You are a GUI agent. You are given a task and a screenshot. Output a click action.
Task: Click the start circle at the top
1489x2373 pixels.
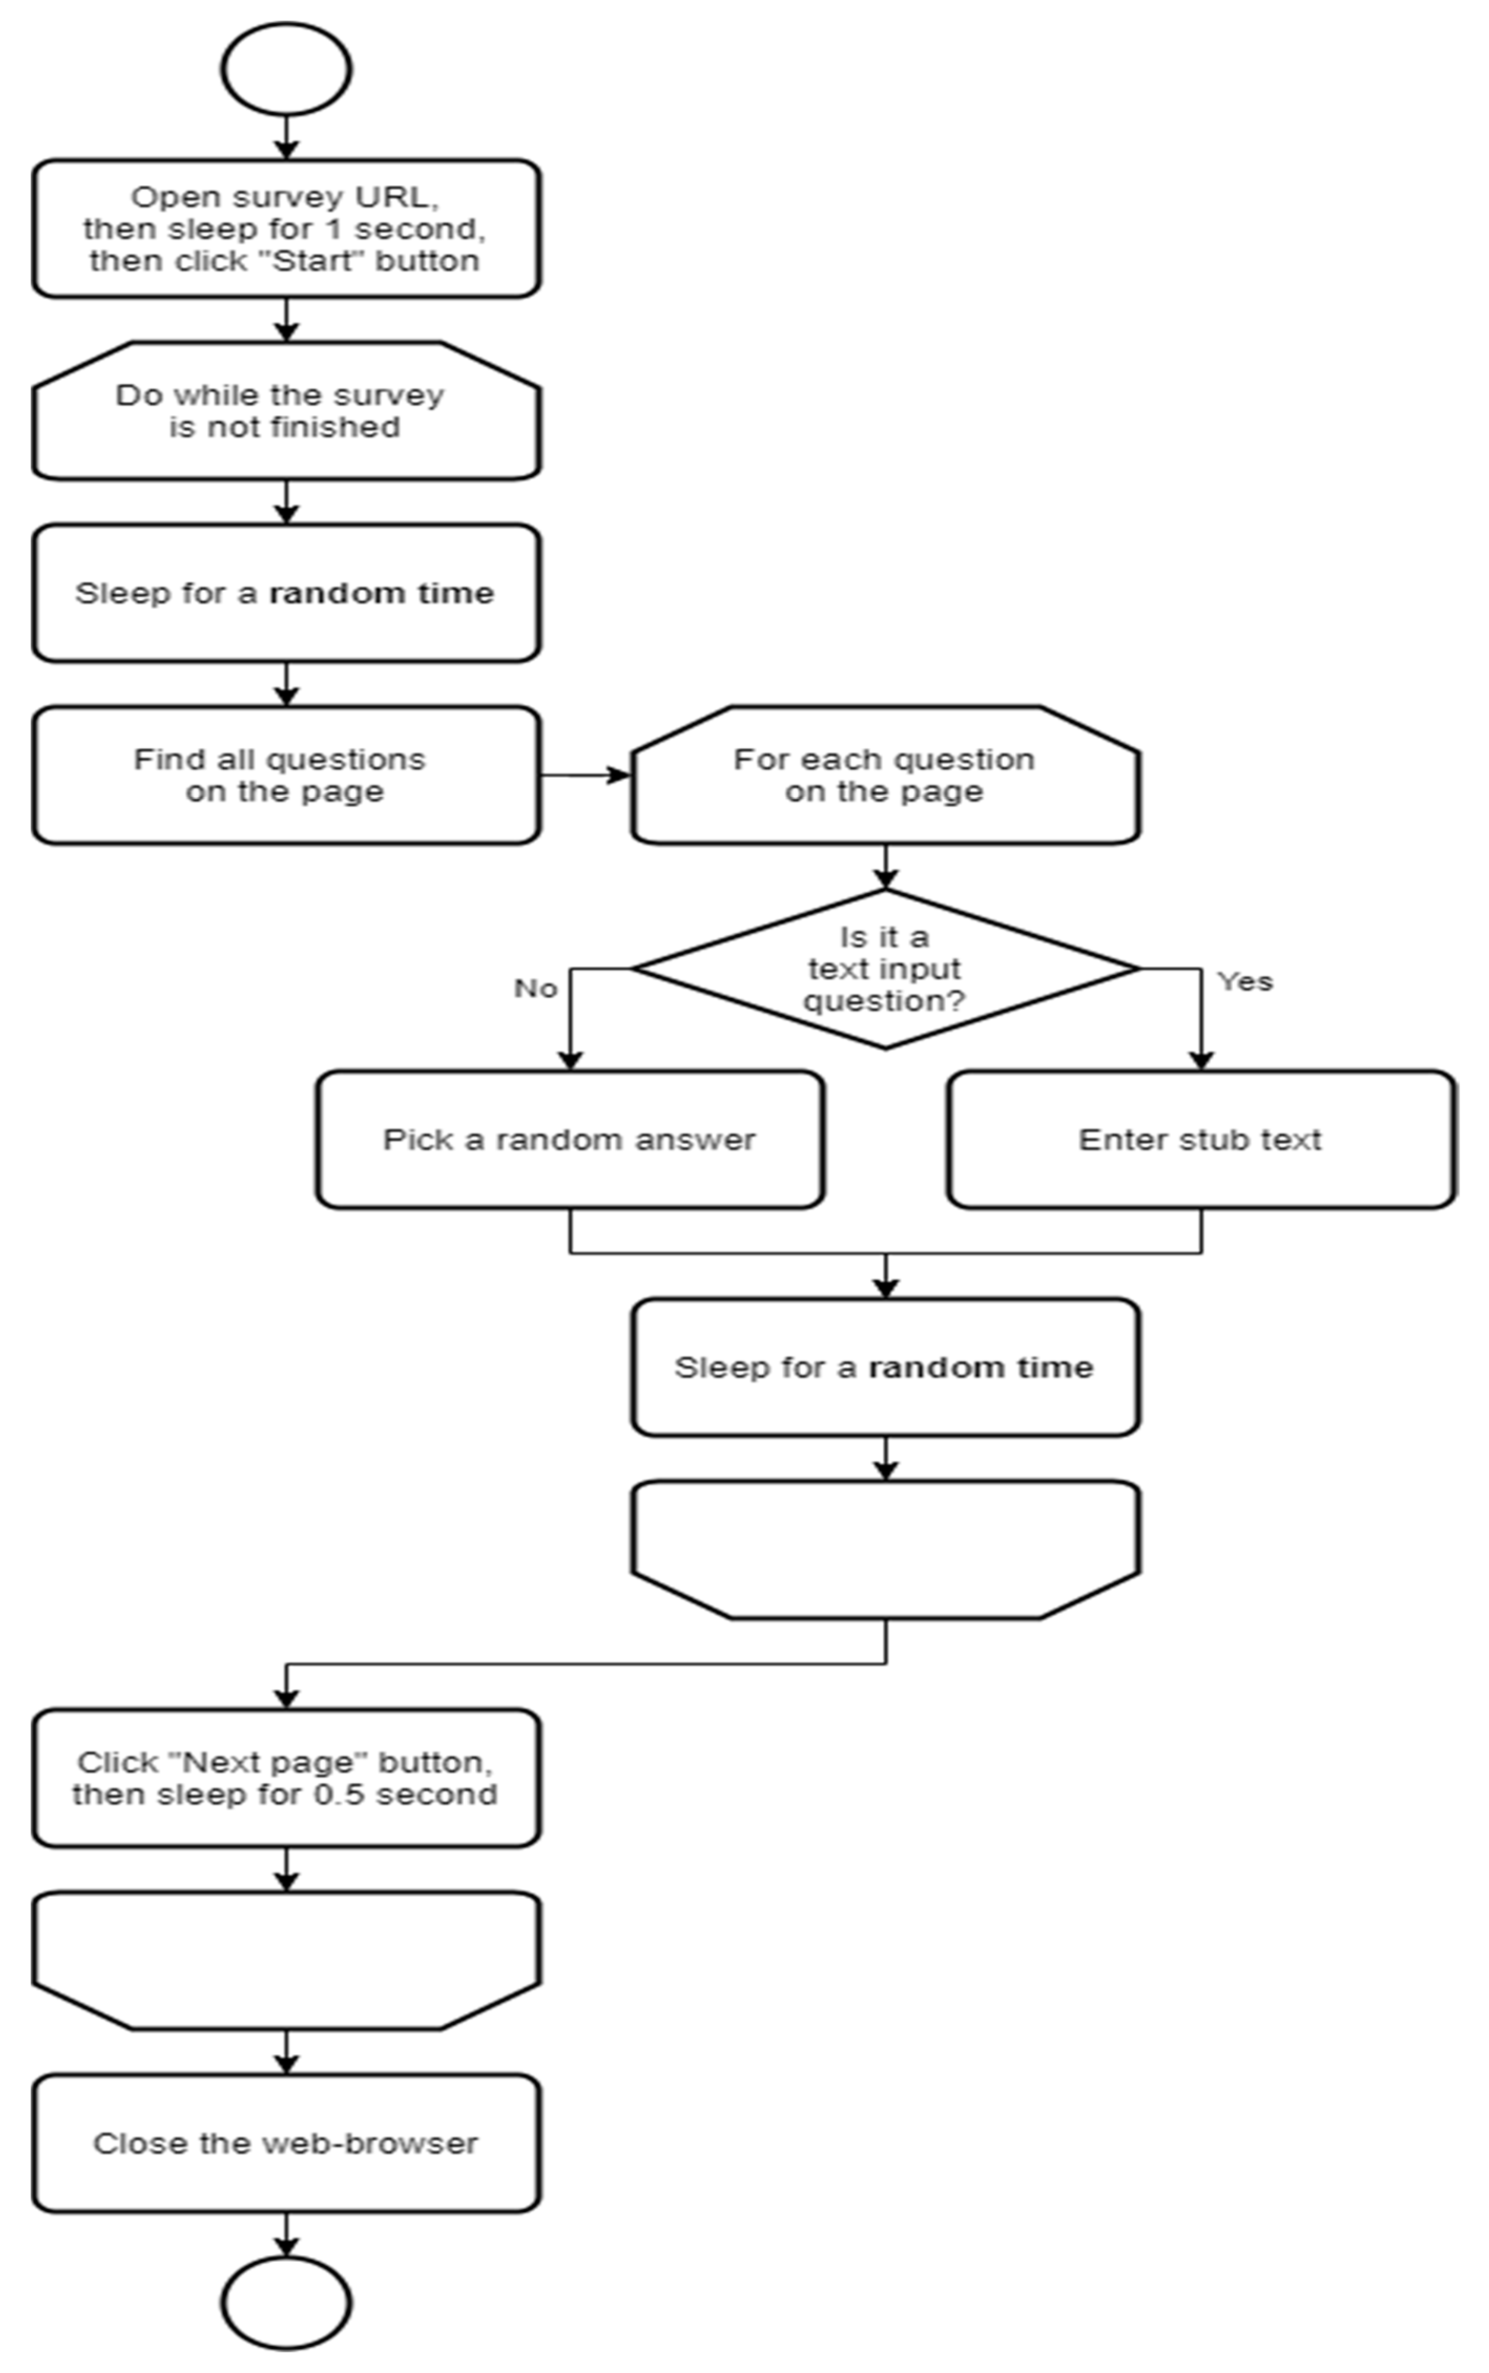(286, 69)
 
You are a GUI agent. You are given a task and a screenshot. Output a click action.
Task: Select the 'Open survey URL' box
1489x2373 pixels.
(286, 228)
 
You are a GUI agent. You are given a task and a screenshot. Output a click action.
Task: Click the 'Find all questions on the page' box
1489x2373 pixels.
(286, 775)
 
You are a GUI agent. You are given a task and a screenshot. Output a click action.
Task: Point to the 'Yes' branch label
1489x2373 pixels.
(1245, 981)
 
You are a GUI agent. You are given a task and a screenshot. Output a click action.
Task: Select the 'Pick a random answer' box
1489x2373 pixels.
(569, 1139)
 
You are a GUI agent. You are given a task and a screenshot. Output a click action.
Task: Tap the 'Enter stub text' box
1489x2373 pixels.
(1201, 1139)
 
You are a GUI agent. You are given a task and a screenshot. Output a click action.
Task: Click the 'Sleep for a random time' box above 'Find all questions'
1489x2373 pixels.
(286, 593)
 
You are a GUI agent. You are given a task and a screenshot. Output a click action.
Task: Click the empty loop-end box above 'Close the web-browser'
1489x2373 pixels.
(286, 1959)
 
